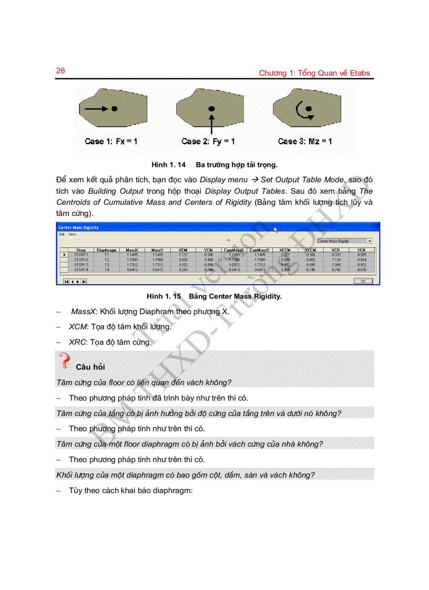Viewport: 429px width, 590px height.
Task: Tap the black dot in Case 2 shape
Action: point(211,108)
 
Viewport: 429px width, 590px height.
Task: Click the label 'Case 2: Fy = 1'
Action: point(208,141)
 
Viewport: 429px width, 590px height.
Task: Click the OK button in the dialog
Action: point(363,281)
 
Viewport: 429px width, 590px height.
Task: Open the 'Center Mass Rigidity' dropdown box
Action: point(344,241)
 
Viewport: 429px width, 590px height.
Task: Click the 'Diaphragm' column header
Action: point(107,250)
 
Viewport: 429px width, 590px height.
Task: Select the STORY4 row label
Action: point(81,269)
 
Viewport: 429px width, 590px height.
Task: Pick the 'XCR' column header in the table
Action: point(335,250)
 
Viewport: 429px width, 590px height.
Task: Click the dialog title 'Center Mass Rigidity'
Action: point(78,227)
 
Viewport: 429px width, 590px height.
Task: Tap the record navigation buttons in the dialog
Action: point(75,282)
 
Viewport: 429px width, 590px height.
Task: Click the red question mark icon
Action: point(65,361)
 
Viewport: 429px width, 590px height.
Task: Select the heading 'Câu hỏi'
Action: point(90,367)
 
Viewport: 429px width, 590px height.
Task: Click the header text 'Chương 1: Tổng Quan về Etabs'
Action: point(315,73)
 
